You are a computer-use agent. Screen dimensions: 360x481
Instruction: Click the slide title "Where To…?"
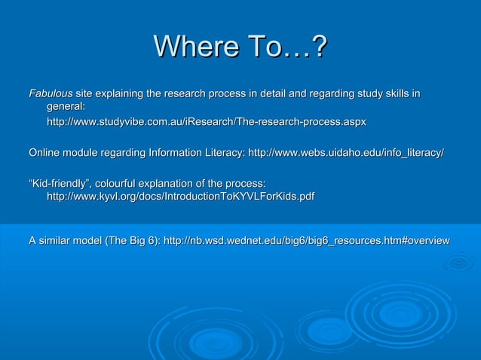[x=240, y=50]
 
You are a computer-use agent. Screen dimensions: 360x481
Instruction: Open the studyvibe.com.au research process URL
[x=207, y=121]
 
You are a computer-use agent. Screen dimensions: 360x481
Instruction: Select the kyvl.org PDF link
[x=181, y=197]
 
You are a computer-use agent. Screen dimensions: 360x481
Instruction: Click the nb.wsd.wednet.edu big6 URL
[x=307, y=240]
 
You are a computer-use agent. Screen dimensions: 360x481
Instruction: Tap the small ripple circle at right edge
[x=458, y=263]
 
